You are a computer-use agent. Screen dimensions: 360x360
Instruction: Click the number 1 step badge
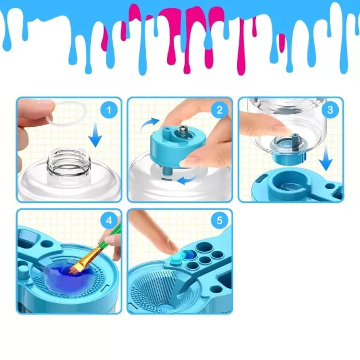coord(109,110)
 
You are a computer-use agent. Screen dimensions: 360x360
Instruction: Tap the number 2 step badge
coord(220,110)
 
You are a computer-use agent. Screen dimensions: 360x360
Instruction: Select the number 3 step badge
coord(330,110)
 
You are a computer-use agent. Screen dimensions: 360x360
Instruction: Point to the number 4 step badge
coord(109,221)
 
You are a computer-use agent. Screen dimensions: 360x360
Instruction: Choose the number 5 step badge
coord(220,221)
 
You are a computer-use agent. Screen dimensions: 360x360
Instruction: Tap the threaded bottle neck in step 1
coord(68,160)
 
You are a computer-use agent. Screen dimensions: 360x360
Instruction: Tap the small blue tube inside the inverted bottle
coord(294,142)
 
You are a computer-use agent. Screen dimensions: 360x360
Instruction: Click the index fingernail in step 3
coord(282,129)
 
